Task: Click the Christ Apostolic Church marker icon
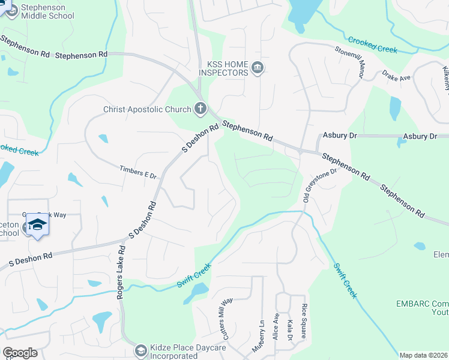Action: pos(200,109)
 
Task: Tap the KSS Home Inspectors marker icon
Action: pos(258,67)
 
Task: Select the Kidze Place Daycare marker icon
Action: pos(140,350)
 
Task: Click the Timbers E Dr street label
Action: pos(138,172)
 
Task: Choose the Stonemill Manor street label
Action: pos(354,61)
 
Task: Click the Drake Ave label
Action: pos(397,77)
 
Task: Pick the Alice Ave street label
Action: pos(276,324)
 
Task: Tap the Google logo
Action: pos(20,353)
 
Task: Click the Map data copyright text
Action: pos(423,355)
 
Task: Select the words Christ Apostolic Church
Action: pos(146,109)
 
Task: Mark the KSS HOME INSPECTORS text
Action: pos(228,68)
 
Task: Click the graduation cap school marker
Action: pos(37,226)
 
